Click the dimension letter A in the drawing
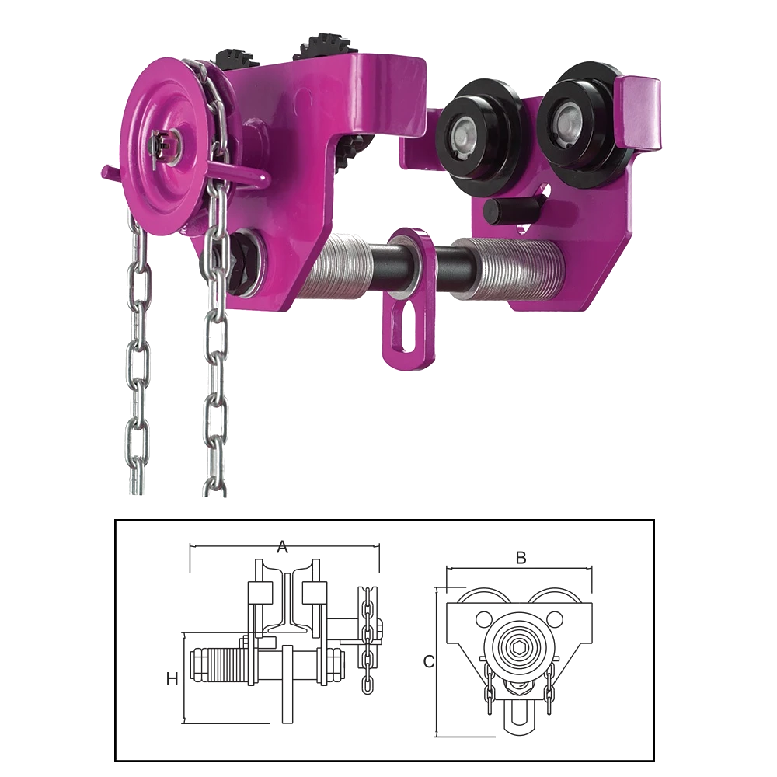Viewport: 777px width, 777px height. point(282,546)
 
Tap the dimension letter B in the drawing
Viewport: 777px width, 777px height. point(521,558)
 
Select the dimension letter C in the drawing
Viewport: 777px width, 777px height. point(429,661)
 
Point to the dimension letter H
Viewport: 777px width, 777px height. point(172,679)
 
